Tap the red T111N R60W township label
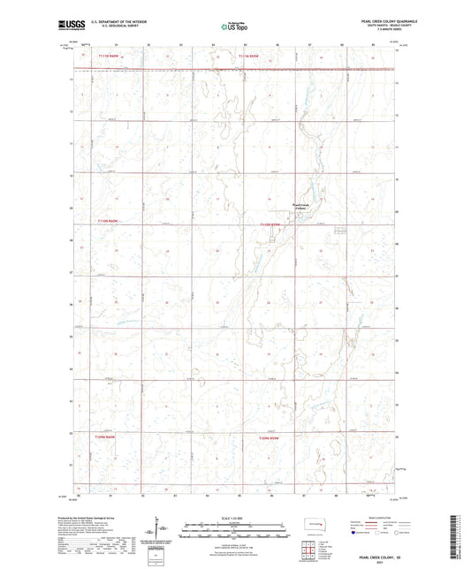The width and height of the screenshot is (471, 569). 106,58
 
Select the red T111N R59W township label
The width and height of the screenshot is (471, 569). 250,58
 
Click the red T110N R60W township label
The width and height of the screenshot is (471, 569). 106,221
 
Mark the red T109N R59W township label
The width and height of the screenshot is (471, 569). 270,437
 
